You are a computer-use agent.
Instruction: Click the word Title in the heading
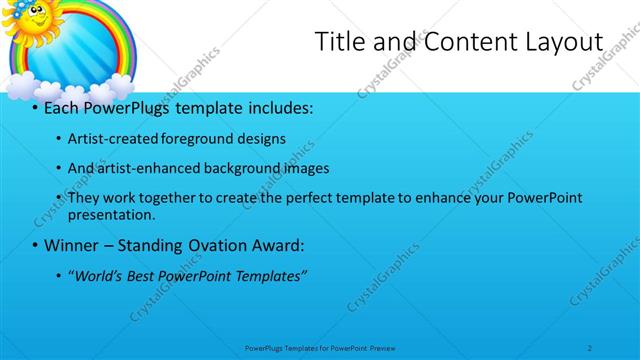click(x=338, y=42)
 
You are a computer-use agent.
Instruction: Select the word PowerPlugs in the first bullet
click(x=129, y=106)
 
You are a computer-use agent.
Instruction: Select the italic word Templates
click(x=271, y=275)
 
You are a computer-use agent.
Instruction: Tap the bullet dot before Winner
click(x=35, y=245)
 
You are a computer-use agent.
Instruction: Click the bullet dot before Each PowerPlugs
click(x=35, y=107)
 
